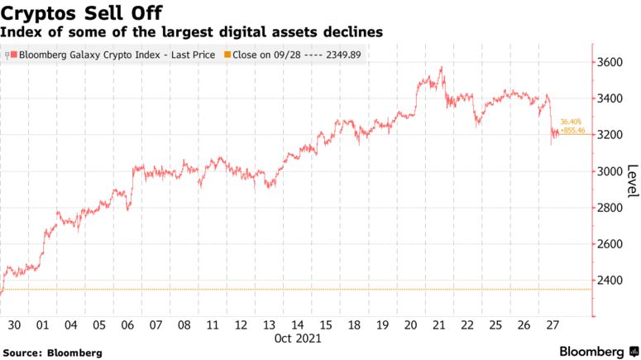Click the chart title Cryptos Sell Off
click(x=81, y=13)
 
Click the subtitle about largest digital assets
click(x=191, y=33)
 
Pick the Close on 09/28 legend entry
click(x=301, y=55)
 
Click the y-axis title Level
click(x=632, y=180)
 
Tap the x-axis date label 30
click(x=14, y=325)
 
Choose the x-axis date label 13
click(x=268, y=325)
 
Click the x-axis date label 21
click(x=438, y=325)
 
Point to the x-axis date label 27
click(x=552, y=325)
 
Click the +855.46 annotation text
click(x=572, y=131)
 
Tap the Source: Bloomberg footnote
click(x=52, y=353)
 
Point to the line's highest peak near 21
click(x=442, y=68)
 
